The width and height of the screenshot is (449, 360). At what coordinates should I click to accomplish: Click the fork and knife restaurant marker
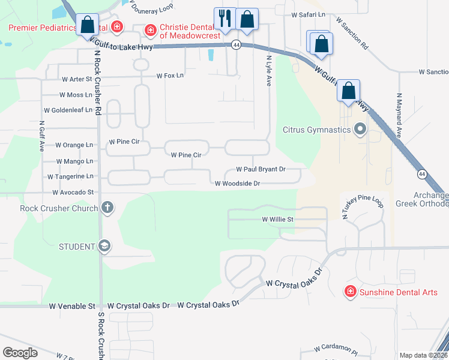coord(226,19)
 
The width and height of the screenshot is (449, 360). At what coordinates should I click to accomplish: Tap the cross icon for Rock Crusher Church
coord(107,208)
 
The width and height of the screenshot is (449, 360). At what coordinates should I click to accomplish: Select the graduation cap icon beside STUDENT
coord(104,246)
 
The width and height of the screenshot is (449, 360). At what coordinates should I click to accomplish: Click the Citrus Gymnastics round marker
coord(360,130)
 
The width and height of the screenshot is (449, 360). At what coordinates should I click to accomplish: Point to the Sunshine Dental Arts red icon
coord(349,292)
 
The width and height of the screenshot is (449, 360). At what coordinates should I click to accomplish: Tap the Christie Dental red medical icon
coord(150,29)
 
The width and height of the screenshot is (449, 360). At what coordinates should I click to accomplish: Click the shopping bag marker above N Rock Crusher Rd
coord(88,25)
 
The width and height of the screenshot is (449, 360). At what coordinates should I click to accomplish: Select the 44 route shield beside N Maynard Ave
coord(422,174)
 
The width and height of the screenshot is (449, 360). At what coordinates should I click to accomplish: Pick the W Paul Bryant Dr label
coord(261,170)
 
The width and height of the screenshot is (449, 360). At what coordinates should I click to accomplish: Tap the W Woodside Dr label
coord(237,184)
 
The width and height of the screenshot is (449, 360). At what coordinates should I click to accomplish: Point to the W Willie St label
coord(277,220)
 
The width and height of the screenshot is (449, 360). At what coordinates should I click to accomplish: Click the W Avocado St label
coord(73,193)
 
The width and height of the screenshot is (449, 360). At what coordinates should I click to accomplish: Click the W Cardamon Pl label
coord(336,349)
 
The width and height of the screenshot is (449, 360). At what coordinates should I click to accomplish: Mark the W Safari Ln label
coord(308,14)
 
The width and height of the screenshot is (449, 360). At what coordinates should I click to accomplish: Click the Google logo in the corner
coord(20,353)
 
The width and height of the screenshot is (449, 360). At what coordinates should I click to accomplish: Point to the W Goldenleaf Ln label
coord(68,110)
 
